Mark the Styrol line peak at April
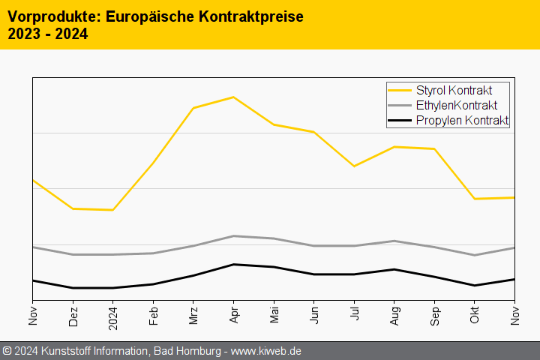tap(233, 97)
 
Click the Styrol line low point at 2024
tap(113, 210)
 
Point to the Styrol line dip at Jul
tap(354, 166)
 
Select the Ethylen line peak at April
tap(233, 236)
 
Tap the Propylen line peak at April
tap(233, 264)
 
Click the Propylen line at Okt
tap(474, 285)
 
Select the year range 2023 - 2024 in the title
tap(47, 34)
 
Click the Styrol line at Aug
tap(394, 147)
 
